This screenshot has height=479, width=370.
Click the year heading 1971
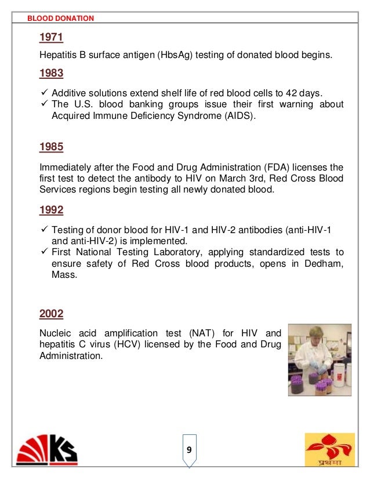pyautogui.click(x=51, y=38)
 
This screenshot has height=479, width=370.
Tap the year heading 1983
pyautogui.click(x=51, y=74)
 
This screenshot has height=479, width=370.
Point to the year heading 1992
pyautogui.click(x=51, y=210)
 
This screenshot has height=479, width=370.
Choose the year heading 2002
pyautogui.click(x=51, y=314)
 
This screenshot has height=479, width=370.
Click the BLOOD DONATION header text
pyautogui.click(x=60, y=18)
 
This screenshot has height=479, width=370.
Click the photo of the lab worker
pyautogui.click(x=320, y=360)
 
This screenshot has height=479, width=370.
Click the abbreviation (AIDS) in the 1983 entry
pyautogui.click(x=238, y=115)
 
